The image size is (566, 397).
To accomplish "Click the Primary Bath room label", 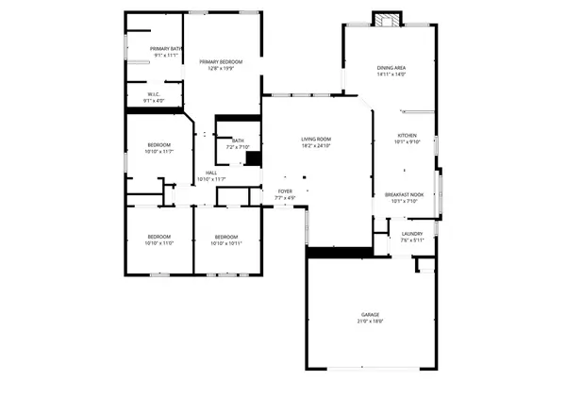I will coord(158,48).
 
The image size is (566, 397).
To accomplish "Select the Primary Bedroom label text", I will coord(221,61).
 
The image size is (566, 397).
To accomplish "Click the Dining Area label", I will coord(391,68).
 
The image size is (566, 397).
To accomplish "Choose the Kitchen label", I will coord(407,136).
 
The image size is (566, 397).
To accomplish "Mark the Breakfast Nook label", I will coord(404,194).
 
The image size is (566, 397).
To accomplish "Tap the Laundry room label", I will coord(411,233).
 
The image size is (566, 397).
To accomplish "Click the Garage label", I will coord(370,314).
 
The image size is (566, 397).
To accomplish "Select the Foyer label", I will coord(284,191).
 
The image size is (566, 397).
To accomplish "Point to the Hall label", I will coord(212,173).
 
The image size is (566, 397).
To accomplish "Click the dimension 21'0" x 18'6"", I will coord(370,322).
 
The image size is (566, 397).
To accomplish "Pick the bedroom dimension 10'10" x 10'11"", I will coord(226,243).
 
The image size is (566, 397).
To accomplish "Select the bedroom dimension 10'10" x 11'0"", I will coord(158,243).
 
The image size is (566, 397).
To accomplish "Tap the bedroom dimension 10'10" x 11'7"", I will coord(158,152).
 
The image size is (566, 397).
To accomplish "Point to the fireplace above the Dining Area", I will coord(386,19).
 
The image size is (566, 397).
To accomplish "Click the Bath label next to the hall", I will coord(238,141).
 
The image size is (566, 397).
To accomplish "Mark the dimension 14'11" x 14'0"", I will coord(391,74).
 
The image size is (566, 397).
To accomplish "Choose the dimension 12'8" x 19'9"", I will coord(221,68).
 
